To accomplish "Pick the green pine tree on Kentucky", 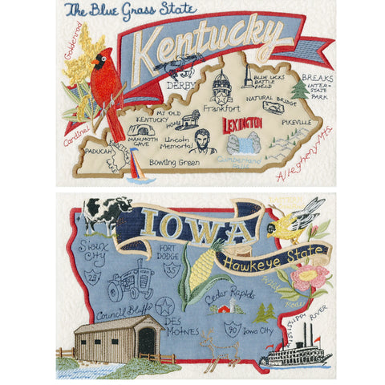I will pyautogui.click(x=298, y=88).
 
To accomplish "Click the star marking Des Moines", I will pyautogui.click(x=165, y=306).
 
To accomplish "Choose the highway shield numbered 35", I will pyautogui.click(x=171, y=270).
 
